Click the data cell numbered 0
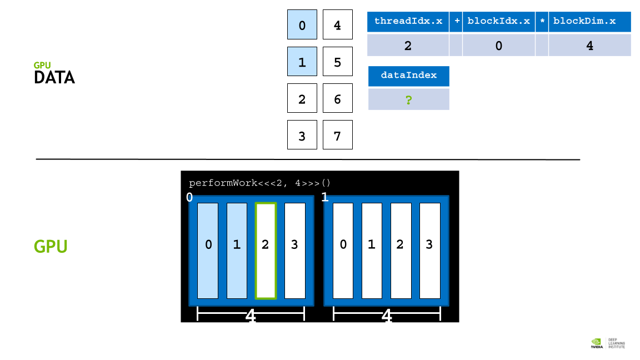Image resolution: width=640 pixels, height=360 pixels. click(302, 24)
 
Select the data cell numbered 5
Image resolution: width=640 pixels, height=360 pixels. click(338, 61)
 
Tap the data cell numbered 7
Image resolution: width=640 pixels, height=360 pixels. click(338, 134)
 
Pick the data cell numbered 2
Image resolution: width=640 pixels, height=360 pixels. click(302, 98)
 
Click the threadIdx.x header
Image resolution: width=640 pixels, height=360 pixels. click(408, 22)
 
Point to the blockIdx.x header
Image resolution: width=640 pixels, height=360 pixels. click(499, 22)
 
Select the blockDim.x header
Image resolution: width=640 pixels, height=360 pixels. click(590, 22)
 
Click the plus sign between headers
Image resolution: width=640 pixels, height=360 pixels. click(456, 22)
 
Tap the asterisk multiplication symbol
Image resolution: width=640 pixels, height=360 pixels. click(542, 22)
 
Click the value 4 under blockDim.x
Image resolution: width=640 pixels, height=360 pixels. click(590, 46)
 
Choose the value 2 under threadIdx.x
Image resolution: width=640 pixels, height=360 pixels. click(408, 46)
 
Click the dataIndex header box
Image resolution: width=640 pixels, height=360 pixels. click(409, 76)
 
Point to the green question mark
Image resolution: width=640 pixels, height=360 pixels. click(408, 99)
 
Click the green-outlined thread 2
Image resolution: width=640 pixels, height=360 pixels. click(266, 251)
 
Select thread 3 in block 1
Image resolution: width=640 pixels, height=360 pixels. click(430, 251)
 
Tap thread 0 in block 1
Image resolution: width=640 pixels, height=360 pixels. click(343, 251)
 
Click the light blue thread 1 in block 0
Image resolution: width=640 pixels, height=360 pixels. click(237, 251)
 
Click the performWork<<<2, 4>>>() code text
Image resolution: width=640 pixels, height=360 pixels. click(259, 183)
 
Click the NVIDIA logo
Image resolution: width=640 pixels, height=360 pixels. click(597, 343)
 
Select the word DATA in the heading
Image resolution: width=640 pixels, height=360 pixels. click(54, 78)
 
